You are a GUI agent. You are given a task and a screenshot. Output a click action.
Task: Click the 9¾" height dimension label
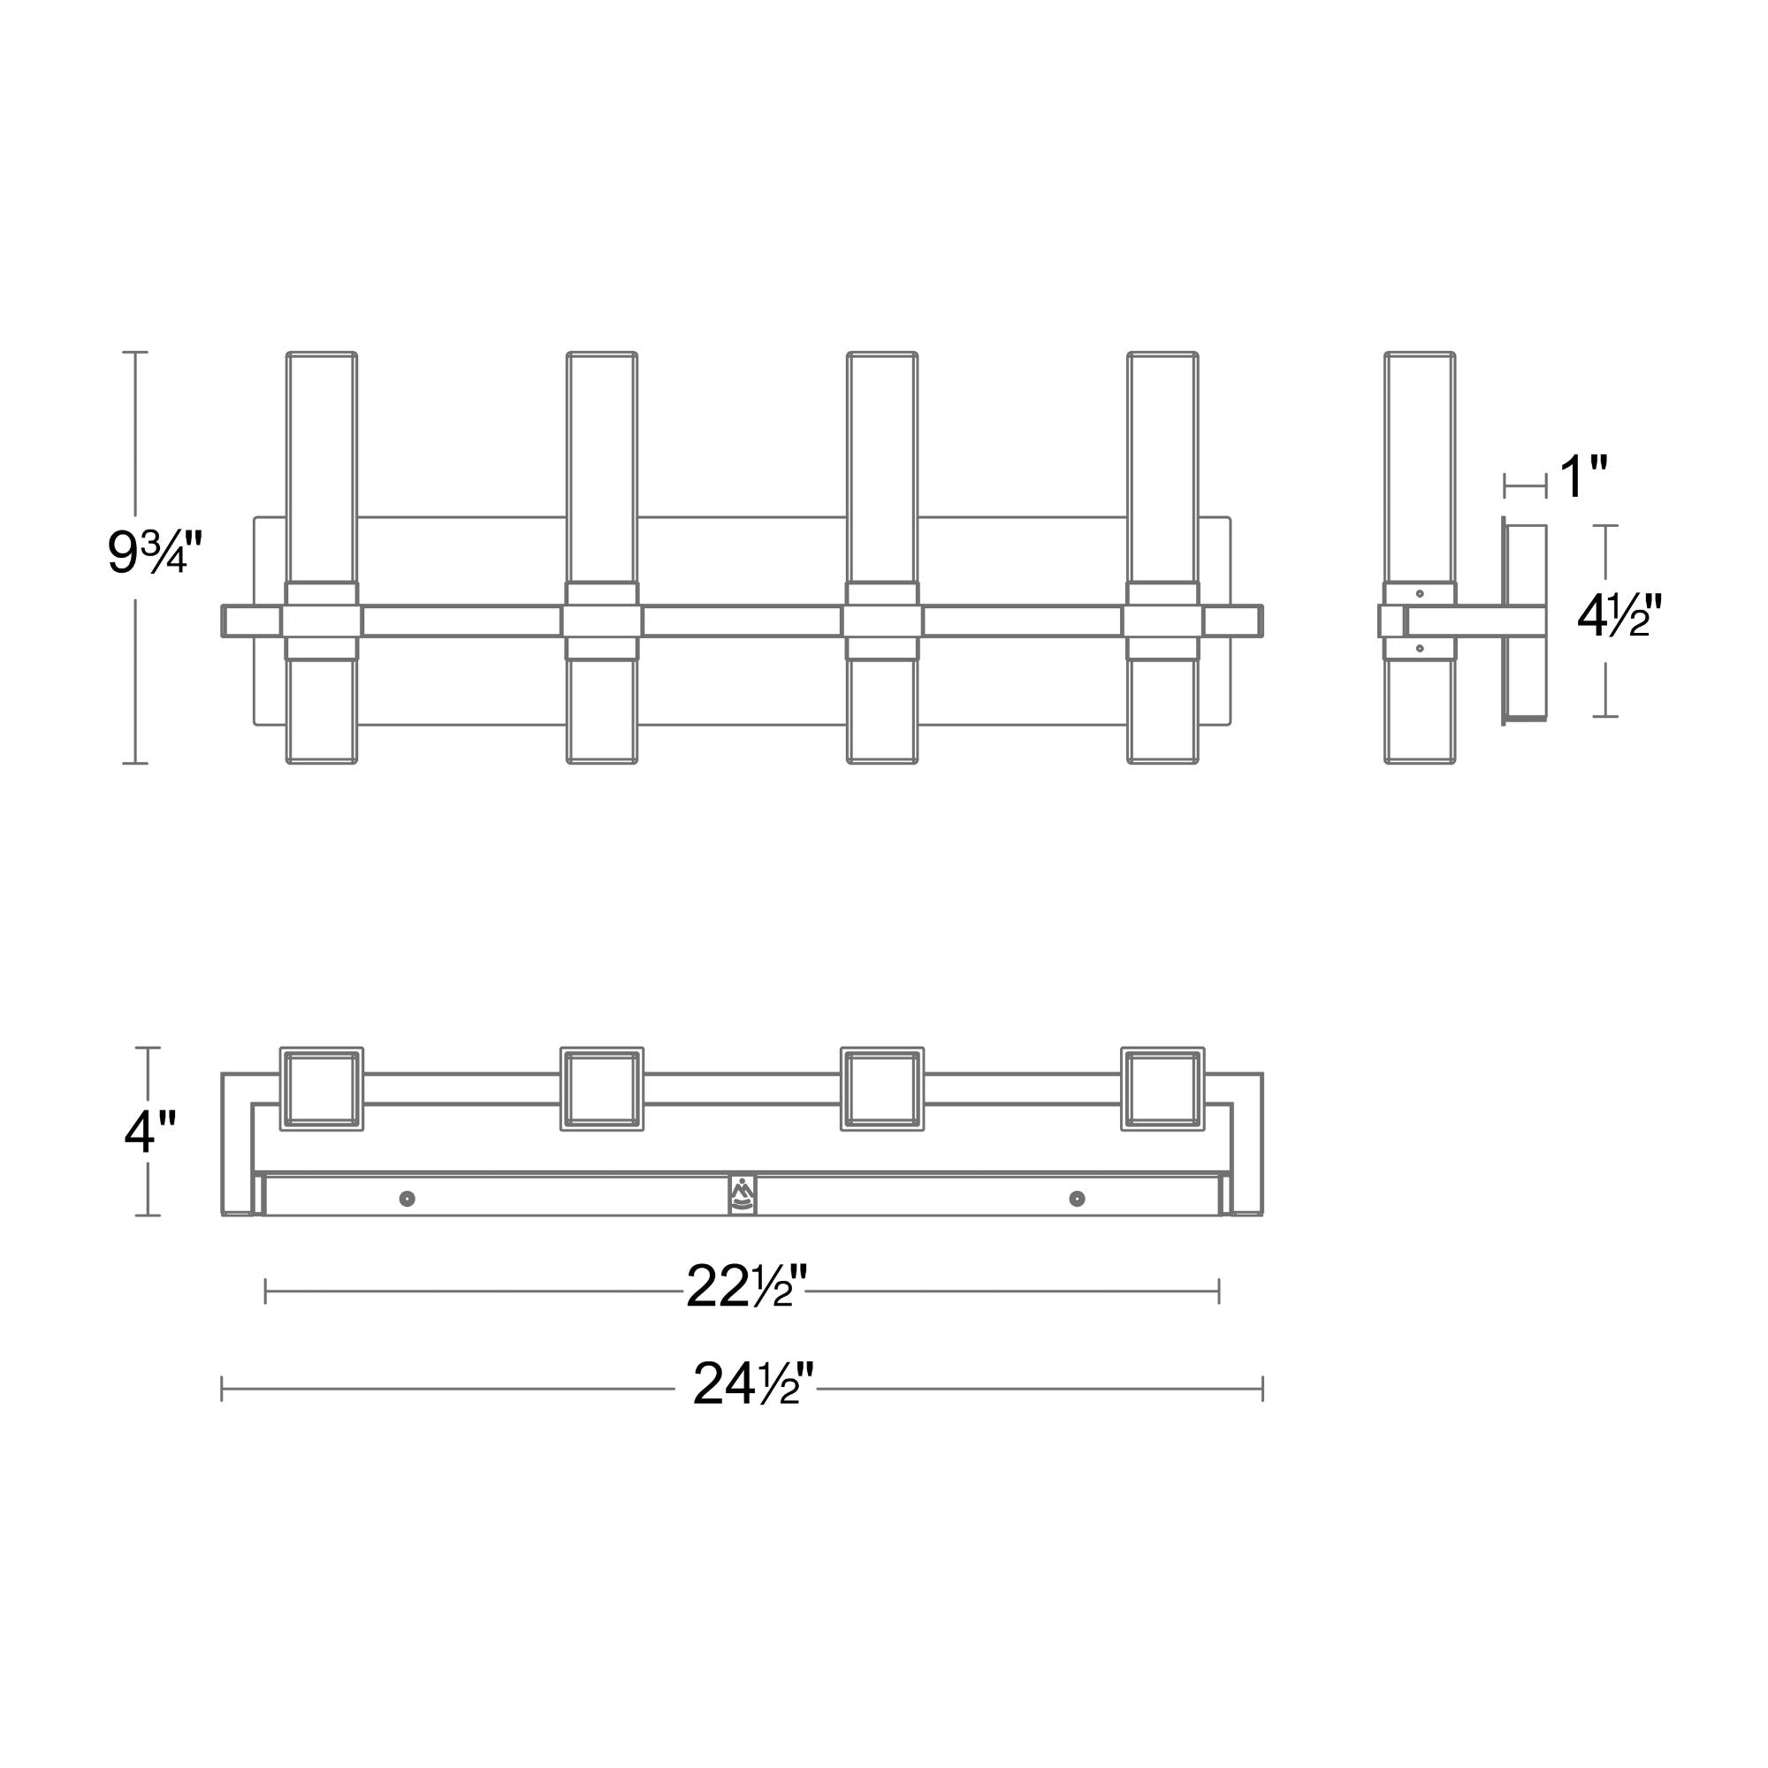(153, 552)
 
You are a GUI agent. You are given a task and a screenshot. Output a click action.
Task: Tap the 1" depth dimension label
(1583, 476)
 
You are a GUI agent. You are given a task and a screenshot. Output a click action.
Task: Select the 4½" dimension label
(1619, 615)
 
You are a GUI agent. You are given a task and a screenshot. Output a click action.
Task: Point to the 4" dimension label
(150, 1132)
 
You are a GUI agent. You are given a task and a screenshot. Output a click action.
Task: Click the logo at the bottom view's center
(743, 1193)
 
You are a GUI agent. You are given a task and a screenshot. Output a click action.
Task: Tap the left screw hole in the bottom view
(408, 1199)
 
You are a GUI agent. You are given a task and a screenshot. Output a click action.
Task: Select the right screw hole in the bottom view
(1077, 1199)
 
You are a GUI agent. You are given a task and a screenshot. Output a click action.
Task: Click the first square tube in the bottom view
(321, 1089)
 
